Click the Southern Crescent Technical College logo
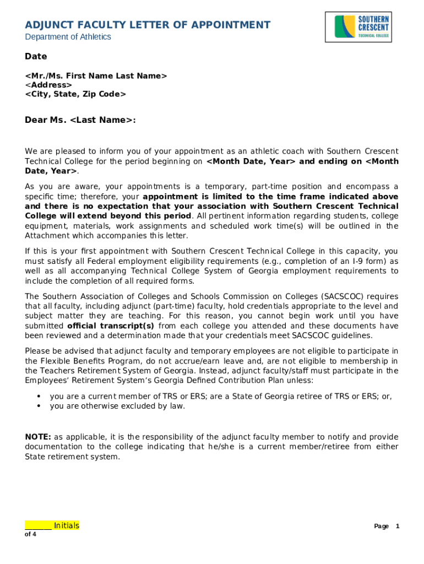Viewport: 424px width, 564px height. pyautogui.click(x=362, y=26)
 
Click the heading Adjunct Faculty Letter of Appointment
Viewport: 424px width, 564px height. pyautogui.click(x=148, y=25)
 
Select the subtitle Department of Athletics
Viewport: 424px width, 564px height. pyautogui.click(x=68, y=37)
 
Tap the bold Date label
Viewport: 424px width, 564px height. pyautogui.click(x=36, y=56)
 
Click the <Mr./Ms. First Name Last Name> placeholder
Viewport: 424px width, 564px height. pyautogui.click(x=96, y=75)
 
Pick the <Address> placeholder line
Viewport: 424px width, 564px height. pyautogui.click(x=48, y=85)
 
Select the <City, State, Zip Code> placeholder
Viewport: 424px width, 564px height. pyautogui.click(x=75, y=94)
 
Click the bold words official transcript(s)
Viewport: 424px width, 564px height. pyautogui.click(x=111, y=326)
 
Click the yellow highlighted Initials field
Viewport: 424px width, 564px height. pyautogui.click(x=52, y=525)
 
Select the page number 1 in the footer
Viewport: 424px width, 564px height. pyautogui.click(x=397, y=526)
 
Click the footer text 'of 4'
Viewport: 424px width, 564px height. pyautogui.click(x=31, y=534)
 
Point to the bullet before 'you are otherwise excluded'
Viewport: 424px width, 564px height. pyautogui.click(x=39, y=406)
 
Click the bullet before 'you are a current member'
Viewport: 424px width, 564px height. pyautogui.click(x=39, y=396)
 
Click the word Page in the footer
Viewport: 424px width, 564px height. pyautogui.click(x=381, y=526)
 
